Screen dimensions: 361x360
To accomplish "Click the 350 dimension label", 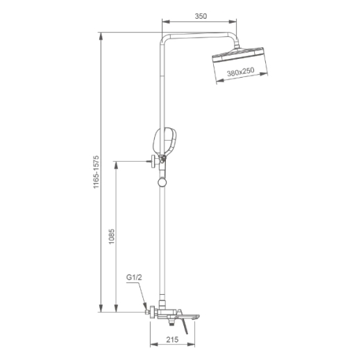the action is point(201,16).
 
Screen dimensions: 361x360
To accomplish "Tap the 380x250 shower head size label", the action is point(241,71).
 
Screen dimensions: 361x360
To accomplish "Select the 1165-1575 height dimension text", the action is point(96,172).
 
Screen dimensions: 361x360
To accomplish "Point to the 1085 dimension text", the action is point(112,237).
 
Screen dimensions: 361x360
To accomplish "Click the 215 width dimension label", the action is point(172,339).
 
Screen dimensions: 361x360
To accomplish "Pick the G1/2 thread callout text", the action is point(134,277).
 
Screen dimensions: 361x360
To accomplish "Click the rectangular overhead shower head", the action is point(238,55).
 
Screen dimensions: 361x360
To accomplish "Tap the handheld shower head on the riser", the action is point(165,142).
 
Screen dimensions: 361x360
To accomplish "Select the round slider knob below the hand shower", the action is point(162,182).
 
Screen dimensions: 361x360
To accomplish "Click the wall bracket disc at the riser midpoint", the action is point(153,162).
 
